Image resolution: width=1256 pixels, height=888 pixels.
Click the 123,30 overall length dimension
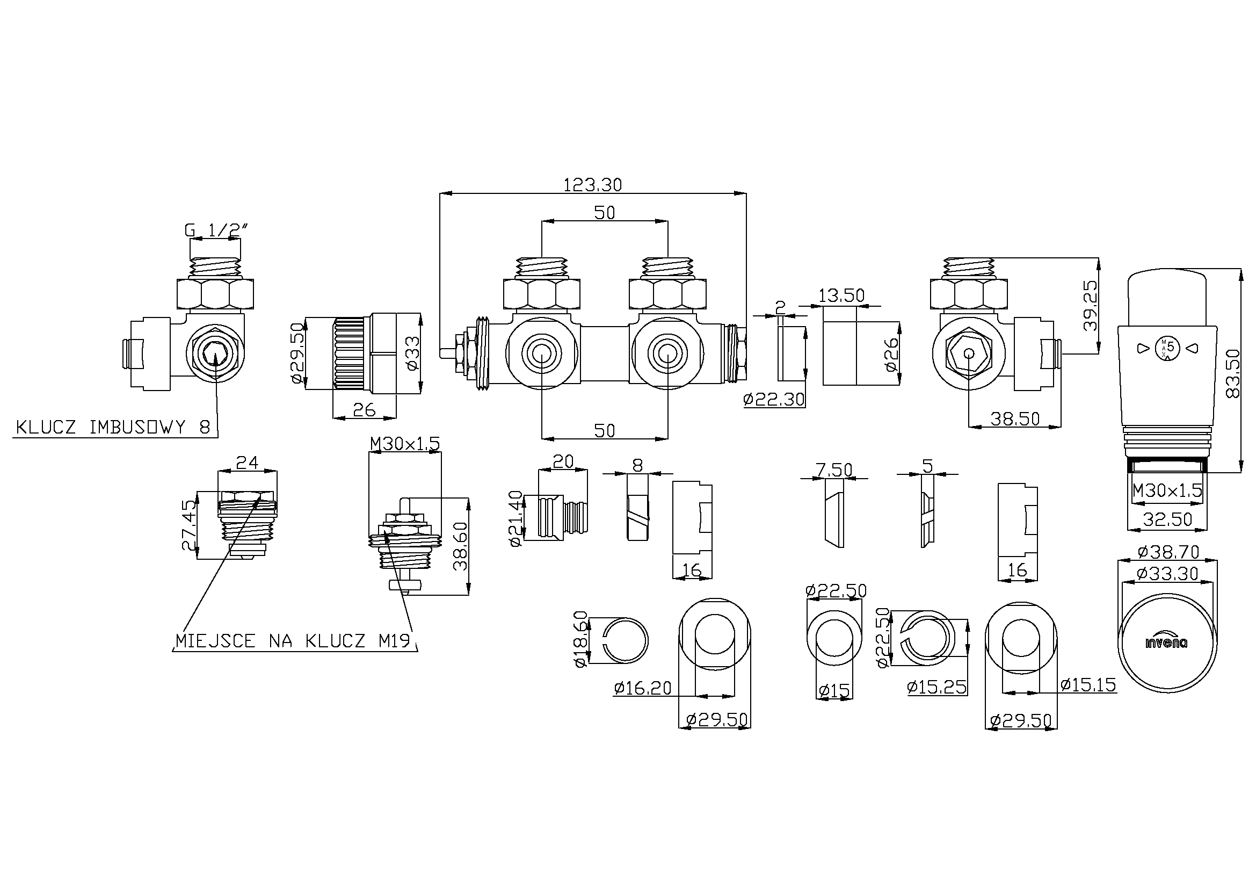[592, 185]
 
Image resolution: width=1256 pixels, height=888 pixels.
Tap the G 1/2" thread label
[216, 231]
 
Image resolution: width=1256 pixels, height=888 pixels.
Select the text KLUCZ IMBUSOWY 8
[113, 427]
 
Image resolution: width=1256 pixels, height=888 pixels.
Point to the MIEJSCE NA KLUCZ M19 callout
[293, 641]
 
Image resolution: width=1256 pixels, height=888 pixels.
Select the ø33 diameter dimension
[413, 353]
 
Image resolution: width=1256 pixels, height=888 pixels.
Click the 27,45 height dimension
[188, 525]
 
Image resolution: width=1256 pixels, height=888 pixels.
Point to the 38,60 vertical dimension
[461, 546]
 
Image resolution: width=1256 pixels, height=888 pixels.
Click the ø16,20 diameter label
[642, 688]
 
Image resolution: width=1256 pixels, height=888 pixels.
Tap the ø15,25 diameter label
[936, 687]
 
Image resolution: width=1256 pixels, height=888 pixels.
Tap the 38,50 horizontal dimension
[1015, 418]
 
